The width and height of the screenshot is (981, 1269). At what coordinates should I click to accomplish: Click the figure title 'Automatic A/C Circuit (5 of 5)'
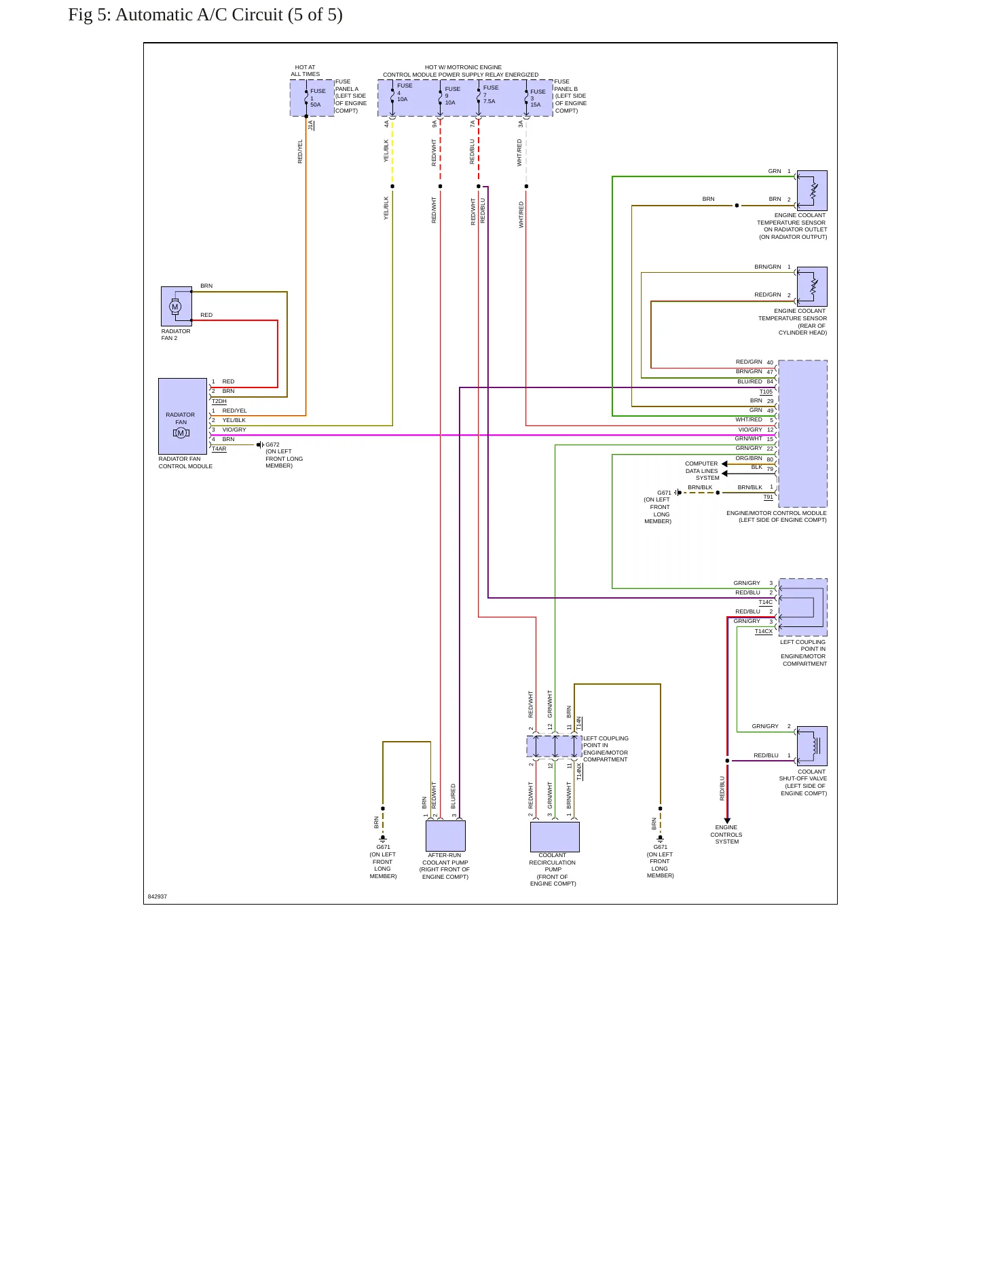point(229,15)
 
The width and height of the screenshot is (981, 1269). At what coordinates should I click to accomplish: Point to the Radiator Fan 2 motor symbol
point(176,306)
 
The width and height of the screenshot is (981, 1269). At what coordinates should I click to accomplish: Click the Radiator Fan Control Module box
point(183,416)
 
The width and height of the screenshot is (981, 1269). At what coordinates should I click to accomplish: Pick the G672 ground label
point(272,444)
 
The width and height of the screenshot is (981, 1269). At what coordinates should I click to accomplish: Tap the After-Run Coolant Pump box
point(445,836)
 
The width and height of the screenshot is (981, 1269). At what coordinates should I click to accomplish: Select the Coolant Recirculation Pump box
point(555,837)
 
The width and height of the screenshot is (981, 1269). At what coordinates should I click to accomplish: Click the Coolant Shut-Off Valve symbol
point(812,746)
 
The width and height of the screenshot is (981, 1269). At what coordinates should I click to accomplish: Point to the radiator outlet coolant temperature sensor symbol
point(812,191)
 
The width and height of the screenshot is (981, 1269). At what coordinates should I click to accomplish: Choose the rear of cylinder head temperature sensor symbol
point(812,286)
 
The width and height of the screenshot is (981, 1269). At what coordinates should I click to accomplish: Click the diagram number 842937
point(158,896)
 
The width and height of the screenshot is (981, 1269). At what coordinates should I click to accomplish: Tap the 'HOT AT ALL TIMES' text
point(306,71)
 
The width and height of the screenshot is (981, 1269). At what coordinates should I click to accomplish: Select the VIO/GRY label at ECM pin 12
point(750,430)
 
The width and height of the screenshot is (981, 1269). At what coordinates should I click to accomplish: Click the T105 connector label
point(766,392)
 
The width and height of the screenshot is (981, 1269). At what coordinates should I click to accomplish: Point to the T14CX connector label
point(764,631)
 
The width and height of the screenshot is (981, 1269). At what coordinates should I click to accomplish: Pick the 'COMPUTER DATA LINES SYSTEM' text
point(702,471)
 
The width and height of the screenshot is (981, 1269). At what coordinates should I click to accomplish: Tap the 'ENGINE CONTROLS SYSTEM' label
point(726,835)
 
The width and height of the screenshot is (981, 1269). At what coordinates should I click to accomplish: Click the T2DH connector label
point(219,401)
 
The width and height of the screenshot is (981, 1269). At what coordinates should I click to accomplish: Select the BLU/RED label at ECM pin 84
point(750,381)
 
